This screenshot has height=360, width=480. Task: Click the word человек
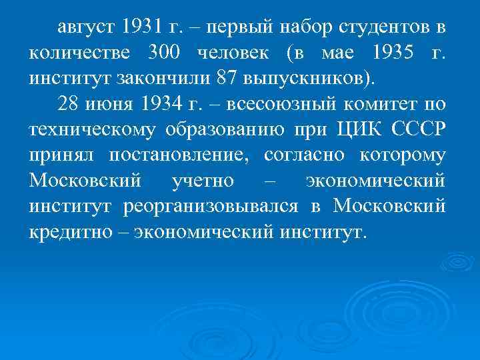(242, 53)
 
